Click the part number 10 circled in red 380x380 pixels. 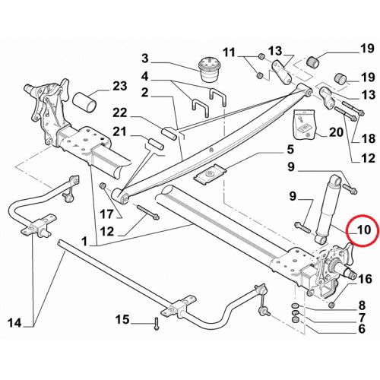[x=363, y=230]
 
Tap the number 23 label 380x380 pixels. [x=120, y=86]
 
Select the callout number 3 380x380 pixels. [x=144, y=59]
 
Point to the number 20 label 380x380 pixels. [x=336, y=132]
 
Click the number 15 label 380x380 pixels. [x=122, y=319]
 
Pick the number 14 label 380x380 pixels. [x=14, y=323]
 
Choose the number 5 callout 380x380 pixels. [x=290, y=150]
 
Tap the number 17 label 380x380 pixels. [x=106, y=214]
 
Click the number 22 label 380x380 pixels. [x=120, y=112]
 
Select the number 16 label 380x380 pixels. [x=365, y=279]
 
